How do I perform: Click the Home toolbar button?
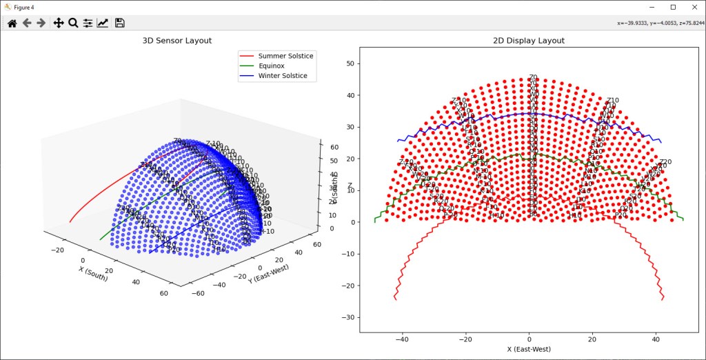12,23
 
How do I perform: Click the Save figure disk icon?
120,23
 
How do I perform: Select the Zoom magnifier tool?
73,23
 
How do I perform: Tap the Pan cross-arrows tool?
59,23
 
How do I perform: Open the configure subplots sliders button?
88,23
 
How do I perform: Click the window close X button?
691,7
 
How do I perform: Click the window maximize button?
673,7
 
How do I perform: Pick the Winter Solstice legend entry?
283,76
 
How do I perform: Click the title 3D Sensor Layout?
176,41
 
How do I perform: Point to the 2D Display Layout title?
529,41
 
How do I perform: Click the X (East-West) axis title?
529,350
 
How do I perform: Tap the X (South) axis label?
94,274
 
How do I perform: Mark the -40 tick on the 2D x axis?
402,339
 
